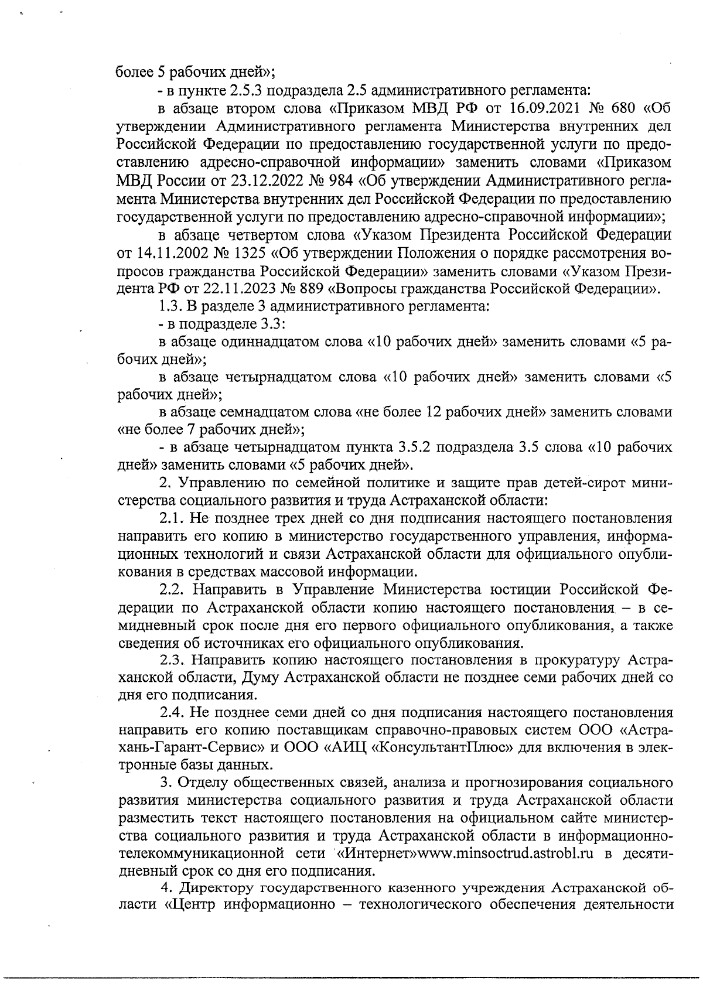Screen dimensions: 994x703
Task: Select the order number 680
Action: click(x=620, y=109)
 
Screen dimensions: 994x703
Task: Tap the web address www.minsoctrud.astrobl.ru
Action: click(x=521, y=853)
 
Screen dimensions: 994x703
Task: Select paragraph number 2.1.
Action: click(x=173, y=519)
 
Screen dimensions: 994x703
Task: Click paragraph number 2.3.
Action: click(x=173, y=661)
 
